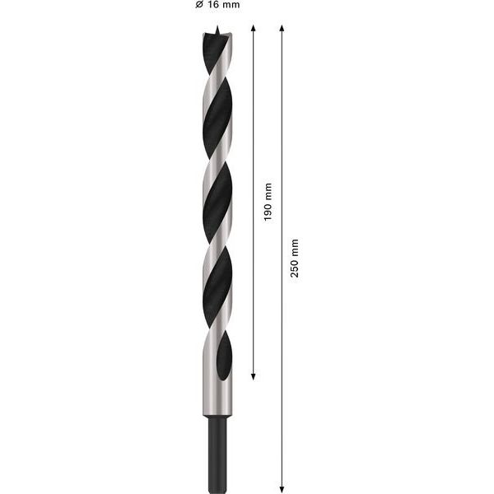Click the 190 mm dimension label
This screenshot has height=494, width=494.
pyautogui.click(x=268, y=202)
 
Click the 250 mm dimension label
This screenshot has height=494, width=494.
pyautogui.click(x=294, y=258)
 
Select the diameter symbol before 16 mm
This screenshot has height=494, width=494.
pyautogui.click(x=198, y=4)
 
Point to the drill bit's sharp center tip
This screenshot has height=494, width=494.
pyautogui.click(x=217, y=26)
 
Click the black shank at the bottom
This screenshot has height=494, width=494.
pyautogui.click(x=217, y=455)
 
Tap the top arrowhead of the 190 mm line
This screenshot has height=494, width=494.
pyautogui.click(x=253, y=28)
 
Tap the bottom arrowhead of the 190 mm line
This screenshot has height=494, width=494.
pyautogui.click(x=253, y=377)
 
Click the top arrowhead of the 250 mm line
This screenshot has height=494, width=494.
pyautogui.click(x=282, y=28)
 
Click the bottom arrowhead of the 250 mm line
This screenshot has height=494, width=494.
pyautogui.click(x=282, y=490)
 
